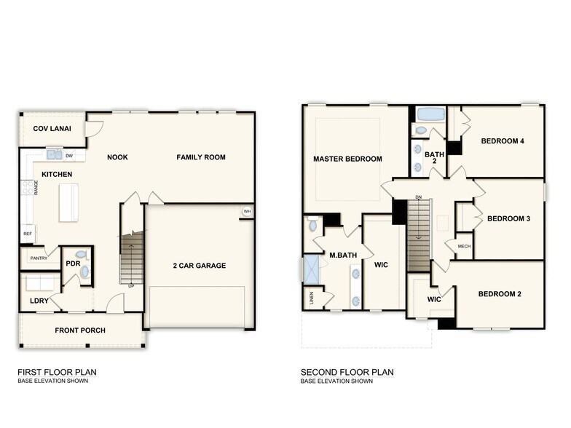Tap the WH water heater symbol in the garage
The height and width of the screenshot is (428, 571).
click(x=247, y=212)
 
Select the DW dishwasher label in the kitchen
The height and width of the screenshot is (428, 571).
click(x=69, y=156)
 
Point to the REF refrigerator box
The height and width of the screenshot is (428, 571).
click(x=28, y=234)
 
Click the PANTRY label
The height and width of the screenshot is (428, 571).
click(x=39, y=258)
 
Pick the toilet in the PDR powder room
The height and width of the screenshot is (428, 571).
click(x=81, y=255)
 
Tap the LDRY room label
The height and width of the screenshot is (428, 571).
click(x=39, y=300)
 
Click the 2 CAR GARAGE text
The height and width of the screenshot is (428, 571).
click(x=200, y=266)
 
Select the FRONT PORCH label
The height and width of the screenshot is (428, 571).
click(x=80, y=330)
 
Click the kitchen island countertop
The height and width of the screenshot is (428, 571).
click(x=69, y=202)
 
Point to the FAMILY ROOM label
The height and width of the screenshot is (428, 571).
click(x=201, y=157)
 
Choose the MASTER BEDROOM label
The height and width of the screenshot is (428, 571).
click(x=347, y=159)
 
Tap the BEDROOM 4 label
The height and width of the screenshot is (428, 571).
click(x=503, y=141)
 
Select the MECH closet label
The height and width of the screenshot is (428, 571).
click(x=464, y=247)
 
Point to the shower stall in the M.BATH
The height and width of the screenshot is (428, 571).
click(x=312, y=269)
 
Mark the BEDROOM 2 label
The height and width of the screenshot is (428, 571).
click(x=500, y=294)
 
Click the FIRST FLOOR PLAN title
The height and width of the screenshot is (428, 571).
click(x=57, y=372)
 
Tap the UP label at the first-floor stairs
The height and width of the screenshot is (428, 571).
click(x=131, y=286)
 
